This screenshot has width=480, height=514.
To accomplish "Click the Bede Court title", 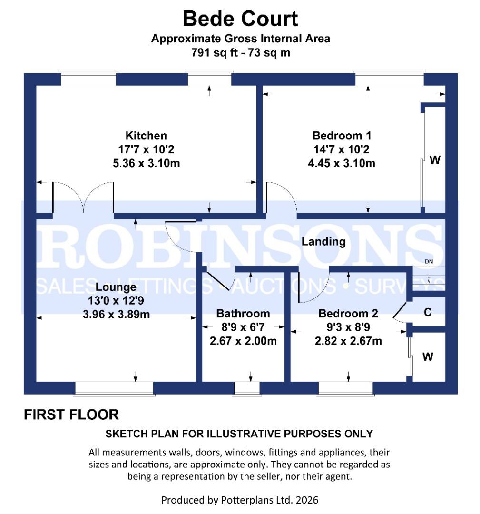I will pos(240,19).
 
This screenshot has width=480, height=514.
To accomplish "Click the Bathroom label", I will pos(243,314).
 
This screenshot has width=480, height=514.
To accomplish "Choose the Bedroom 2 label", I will pos(348,314).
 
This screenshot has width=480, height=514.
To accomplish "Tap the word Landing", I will pos(323,242).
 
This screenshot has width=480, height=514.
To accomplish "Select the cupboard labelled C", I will pos(428,312).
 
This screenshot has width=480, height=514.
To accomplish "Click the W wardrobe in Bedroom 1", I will pos(434,160).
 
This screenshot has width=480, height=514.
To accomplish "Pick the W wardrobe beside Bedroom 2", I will pos(428,356).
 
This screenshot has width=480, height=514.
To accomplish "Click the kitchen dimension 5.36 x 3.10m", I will pos(146,164).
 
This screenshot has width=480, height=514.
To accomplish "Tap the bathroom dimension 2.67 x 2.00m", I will pos(243,341).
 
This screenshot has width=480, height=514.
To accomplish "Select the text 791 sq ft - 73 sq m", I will pos(240,53).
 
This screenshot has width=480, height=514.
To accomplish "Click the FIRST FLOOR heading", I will pos(71,415).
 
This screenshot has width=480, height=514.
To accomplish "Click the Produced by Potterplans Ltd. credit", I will pos(240,500).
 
